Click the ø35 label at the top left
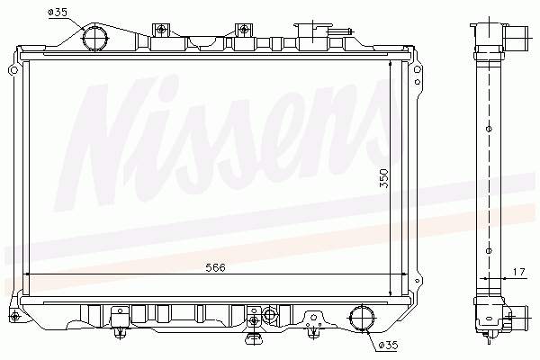[57, 12]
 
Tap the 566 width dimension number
[213, 267]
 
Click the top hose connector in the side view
[514, 38]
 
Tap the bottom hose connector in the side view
[514, 315]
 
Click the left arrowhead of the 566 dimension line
[27, 274]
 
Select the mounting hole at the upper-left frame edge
[12, 70]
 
